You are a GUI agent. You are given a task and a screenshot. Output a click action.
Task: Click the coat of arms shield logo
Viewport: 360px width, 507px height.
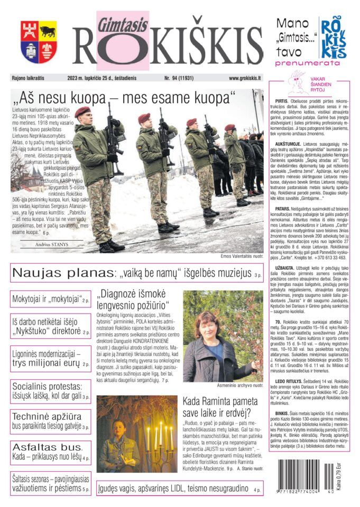click(x=39, y=42)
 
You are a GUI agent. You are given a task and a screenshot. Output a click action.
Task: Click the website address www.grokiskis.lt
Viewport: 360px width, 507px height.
click(x=245, y=78)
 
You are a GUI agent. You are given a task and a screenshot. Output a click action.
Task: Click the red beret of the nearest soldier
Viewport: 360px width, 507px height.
click(x=82, y=111)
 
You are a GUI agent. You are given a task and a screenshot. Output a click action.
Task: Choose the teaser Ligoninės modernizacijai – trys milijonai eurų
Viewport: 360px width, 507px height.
click(x=51, y=359)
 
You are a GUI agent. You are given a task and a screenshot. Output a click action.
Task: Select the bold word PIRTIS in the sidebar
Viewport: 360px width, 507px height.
click(x=282, y=100)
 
